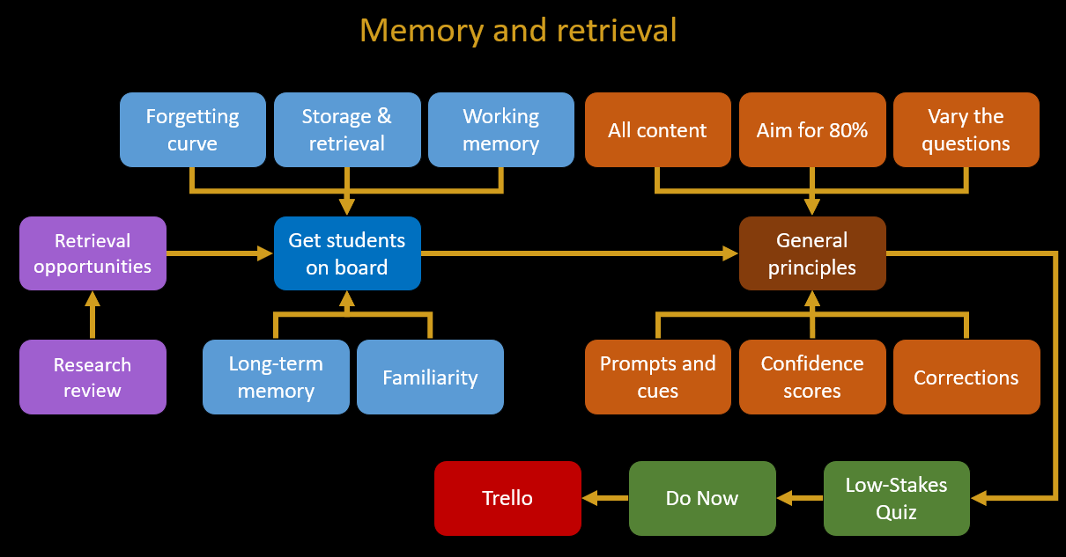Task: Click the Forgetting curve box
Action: point(193,129)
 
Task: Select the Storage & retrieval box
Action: point(347,129)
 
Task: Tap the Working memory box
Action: point(501,129)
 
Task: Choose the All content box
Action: point(658,129)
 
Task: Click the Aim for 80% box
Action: point(812,129)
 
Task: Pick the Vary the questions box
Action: point(966,129)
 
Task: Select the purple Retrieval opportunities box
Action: point(93,253)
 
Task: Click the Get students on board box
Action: point(347,253)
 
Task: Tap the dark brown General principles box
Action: point(812,253)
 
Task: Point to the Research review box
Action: point(93,377)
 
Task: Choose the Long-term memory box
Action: point(276,377)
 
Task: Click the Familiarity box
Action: point(430,377)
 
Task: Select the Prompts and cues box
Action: point(658,377)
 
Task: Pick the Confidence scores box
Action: point(812,377)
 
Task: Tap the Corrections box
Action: point(966,377)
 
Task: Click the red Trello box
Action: point(507,498)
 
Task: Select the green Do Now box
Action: point(702,498)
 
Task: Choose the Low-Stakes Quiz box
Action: point(897,498)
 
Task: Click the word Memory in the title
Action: point(422,31)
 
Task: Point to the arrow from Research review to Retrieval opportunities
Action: point(93,315)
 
